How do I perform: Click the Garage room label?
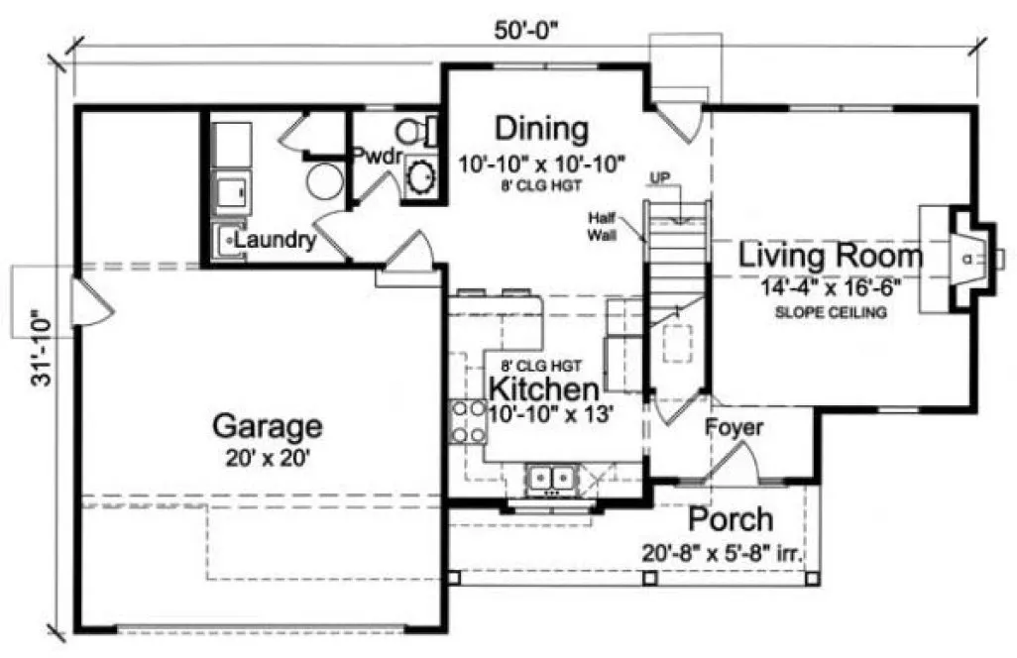[x=268, y=427]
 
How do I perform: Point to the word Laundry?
[x=276, y=240]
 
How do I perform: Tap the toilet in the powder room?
[x=416, y=130]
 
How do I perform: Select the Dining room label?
[x=541, y=129]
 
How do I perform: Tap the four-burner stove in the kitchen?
[x=468, y=420]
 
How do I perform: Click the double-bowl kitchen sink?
[x=549, y=478]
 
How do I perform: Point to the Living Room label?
[x=831, y=256]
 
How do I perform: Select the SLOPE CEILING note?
[x=831, y=313]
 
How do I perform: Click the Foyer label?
[x=734, y=428]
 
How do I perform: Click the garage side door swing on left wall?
[x=93, y=303]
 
